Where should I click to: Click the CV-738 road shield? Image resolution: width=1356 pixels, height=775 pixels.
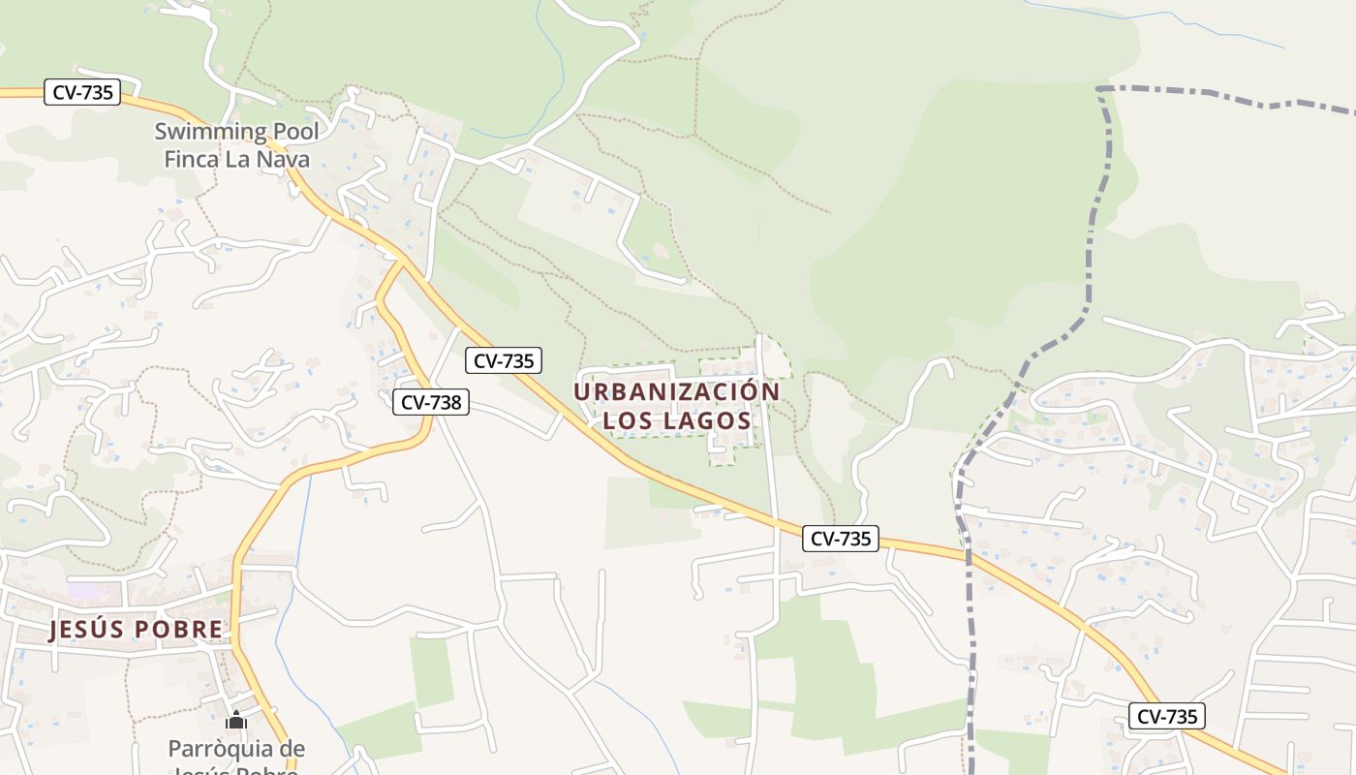point(431,401)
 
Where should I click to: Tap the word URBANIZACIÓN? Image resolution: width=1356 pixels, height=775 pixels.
point(676,391)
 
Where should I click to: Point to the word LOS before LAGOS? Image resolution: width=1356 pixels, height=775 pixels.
point(626,421)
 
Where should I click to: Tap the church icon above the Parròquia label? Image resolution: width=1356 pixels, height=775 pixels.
point(236,721)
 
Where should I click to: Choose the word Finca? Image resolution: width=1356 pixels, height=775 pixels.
point(192,159)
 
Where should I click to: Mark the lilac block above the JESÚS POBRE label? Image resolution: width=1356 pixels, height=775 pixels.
point(82,589)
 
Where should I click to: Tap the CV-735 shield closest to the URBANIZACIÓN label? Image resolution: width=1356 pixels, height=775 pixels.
point(503,361)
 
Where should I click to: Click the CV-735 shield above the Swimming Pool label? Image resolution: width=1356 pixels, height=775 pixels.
point(82,93)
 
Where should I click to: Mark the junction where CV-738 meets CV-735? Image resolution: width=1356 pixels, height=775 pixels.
point(400,260)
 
